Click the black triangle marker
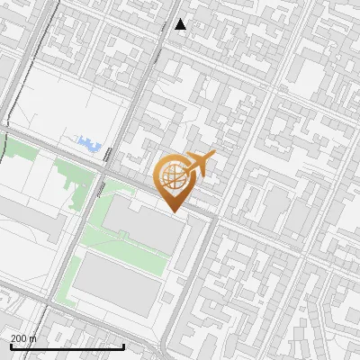pyautogui.click(x=181, y=24)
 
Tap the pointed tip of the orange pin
pyautogui.click(x=173, y=211)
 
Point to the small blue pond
pyautogui.click(x=88, y=142)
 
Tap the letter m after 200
pyautogui.click(x=33, y=338)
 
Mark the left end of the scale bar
pyautogui.click(x=10, y=346)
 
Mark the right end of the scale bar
pyautogui.click(x=123, y=346)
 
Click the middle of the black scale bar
pyautogui.click(x=67, y=346)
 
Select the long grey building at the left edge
pyautogui.click(x=27, y=220)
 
